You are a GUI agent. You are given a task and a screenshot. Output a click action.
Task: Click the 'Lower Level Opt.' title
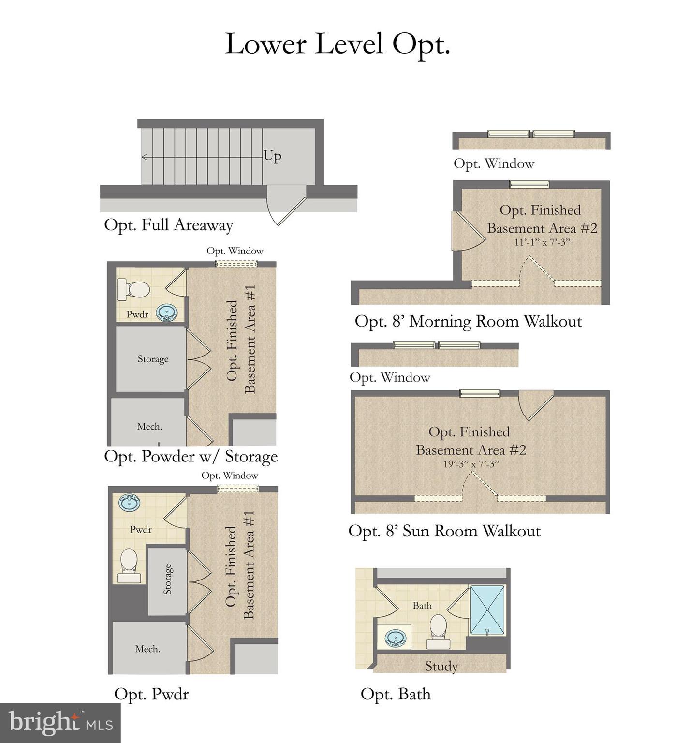[338, 45]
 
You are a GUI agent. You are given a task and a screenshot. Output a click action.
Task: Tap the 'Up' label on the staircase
[272, 156]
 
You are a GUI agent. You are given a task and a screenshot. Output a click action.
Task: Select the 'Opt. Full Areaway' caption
[169, 225]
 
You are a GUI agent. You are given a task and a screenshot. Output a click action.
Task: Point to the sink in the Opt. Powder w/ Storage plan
[167, 312]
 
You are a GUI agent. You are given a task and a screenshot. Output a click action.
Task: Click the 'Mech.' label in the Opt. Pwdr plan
[147, 649]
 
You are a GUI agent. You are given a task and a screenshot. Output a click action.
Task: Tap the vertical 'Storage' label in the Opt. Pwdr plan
[167, 579]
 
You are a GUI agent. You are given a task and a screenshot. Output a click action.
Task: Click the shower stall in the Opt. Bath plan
[487, 609]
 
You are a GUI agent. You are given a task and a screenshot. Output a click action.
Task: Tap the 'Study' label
[441, 667]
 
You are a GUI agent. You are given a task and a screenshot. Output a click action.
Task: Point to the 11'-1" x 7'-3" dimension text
[542, 242]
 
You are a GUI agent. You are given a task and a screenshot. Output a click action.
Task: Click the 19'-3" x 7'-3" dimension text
[471, 464]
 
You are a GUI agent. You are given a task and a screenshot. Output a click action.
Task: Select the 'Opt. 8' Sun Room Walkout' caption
[444, 531]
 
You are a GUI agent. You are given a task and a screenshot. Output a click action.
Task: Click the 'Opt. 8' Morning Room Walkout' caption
[468, 321]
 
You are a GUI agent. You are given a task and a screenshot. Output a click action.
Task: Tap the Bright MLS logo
[60, 723]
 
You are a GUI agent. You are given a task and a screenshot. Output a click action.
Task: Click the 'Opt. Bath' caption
[396, 694]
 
